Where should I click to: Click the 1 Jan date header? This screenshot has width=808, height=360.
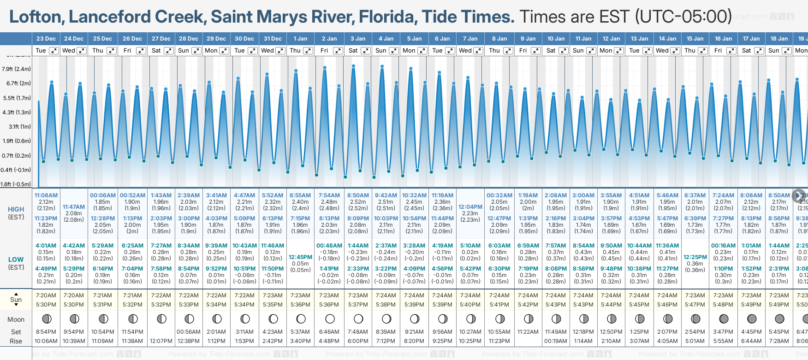point(300,39)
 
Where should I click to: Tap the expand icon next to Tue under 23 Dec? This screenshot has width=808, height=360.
point(54,51)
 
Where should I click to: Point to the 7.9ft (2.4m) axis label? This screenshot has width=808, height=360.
point(16,69)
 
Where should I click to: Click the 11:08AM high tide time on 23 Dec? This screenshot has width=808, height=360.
point(46,195)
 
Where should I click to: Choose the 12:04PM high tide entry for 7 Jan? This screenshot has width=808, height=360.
point(471,207)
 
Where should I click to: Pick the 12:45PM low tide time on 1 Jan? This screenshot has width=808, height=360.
point(300,257)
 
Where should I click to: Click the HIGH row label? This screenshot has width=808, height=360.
point(16,209)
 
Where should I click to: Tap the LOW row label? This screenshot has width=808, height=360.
point(16,260)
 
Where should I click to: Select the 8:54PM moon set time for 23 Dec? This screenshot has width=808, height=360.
point(46,332)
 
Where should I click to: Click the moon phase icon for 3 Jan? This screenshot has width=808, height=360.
point(358,319)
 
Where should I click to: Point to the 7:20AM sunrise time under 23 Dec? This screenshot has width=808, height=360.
point(46,295)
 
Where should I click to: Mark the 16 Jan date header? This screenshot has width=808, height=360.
point(723,39)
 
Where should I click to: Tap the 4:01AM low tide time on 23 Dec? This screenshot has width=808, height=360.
point(46,246)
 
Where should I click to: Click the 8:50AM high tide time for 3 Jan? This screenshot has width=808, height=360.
point(358,195)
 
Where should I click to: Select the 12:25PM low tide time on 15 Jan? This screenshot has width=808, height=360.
point(695,257)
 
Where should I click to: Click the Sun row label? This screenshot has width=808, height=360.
point(16,300)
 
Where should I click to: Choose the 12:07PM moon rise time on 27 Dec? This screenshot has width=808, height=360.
point(161,341)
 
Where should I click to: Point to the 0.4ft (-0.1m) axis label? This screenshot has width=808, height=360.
point(16,170)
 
